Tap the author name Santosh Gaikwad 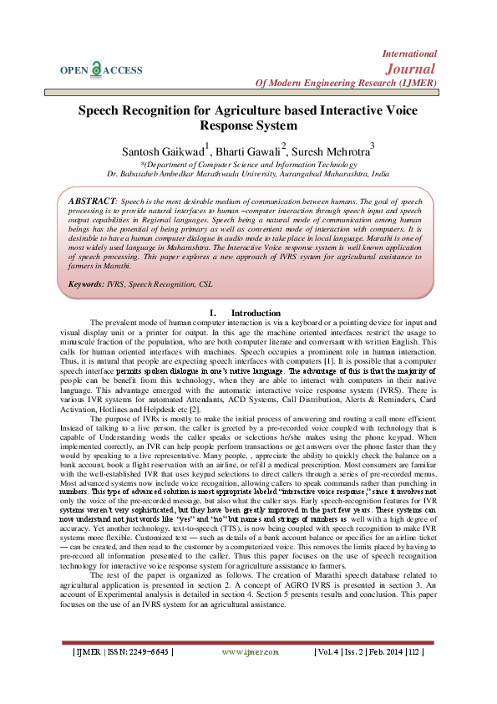(163, 151)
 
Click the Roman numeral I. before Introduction (213, 313)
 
